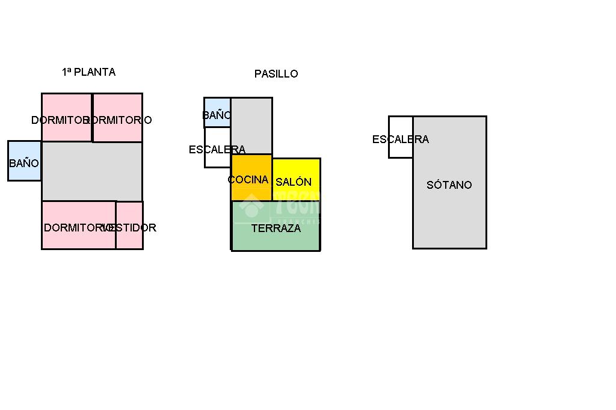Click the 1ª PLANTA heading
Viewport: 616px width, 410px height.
click(x=88, y=72)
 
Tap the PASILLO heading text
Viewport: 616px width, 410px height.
click(x=276, y=74)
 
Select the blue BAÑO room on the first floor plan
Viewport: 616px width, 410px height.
click(x=24, y=161)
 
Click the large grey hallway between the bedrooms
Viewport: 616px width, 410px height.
click(x=91, y=171)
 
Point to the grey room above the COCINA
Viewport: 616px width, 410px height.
click(x=251, y=125)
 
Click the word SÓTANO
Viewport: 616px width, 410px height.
click(x=449, y=185)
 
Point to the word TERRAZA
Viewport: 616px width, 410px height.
click(x=276, y=228)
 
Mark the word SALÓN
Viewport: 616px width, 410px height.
click(x=294, y=182)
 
